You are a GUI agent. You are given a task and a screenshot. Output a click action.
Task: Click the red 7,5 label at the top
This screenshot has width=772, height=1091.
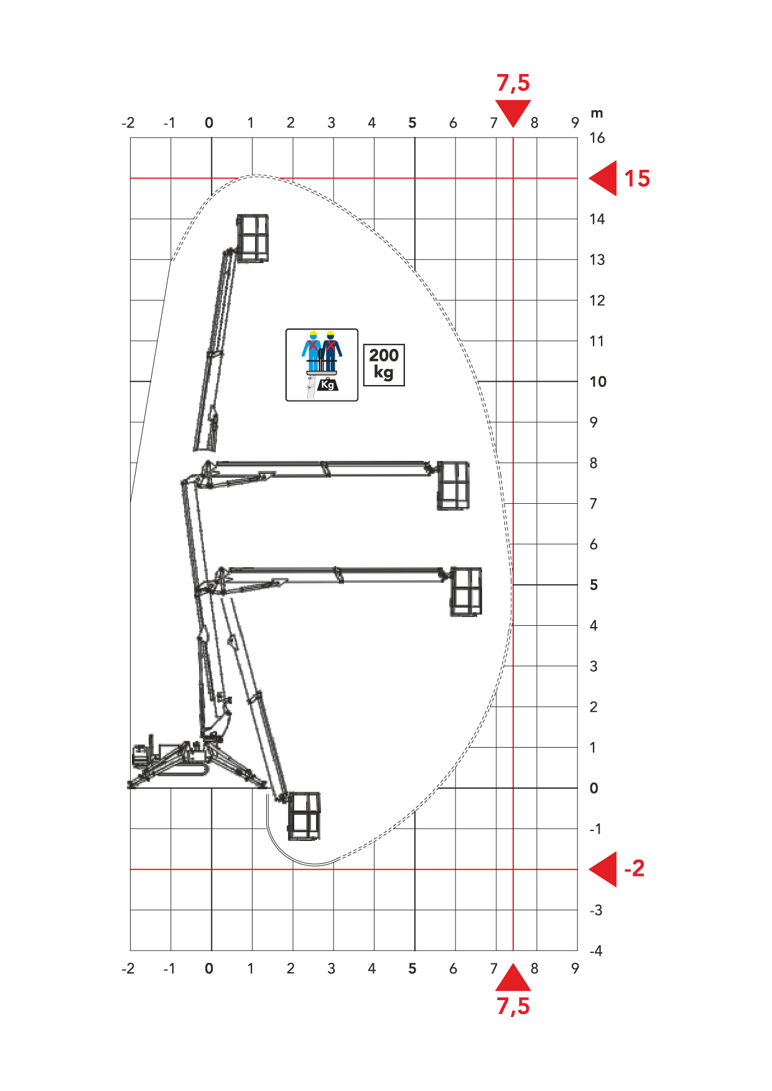[x=513, y=83]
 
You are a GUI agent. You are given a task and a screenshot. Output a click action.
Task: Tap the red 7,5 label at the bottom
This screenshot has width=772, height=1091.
[x=513, y=1006]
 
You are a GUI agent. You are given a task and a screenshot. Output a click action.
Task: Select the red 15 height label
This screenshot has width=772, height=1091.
[x=637, y=179]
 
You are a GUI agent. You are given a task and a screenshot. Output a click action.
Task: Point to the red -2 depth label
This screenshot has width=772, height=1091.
[x=635, y=868]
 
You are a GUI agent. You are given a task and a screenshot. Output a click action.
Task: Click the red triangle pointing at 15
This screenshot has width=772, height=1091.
[x=603, y=179]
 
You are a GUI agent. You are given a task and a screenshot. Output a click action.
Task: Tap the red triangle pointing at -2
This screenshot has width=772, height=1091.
[x=603, y=869]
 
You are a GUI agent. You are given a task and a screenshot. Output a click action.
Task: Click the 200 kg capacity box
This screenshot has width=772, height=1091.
[x=384, y=365]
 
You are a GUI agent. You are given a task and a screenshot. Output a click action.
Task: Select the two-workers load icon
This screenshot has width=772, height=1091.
[x=322, y=365]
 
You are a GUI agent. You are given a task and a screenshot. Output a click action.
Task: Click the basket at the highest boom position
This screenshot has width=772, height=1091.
[x=253, y=238]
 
